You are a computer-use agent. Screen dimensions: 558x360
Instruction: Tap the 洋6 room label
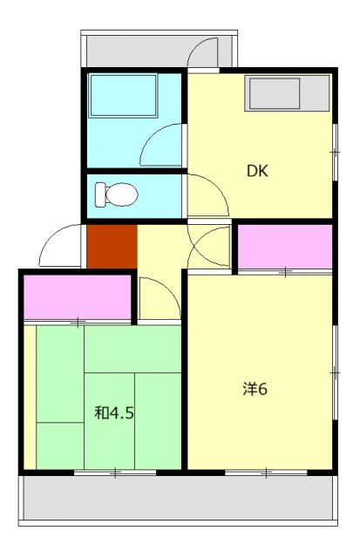255,389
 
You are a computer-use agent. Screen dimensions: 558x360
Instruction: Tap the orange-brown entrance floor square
112,247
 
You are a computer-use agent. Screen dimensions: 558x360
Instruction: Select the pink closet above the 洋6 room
285,247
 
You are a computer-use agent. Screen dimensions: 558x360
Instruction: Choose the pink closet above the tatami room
77,297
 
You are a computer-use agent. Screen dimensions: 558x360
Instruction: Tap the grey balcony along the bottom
179,502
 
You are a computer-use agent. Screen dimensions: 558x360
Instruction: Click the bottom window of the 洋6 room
265,473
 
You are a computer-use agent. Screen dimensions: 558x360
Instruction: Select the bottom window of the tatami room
114,473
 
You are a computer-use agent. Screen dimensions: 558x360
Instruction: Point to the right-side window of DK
335,152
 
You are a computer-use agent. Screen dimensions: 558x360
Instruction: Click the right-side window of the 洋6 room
335,371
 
